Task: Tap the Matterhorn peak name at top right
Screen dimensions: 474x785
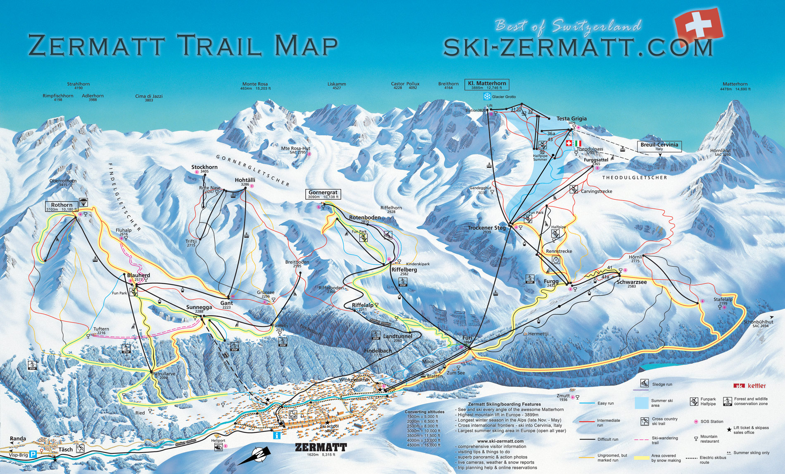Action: [735, 84]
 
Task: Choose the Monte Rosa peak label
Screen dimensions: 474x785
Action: [255, 84]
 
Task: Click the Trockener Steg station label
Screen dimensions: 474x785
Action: [487, 228]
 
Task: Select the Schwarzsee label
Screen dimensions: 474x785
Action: [631, 282]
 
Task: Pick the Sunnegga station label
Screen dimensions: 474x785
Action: [199, 307]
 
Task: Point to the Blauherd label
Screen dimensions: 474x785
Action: [138, 275]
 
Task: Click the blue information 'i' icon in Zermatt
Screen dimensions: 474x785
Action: [277, 435]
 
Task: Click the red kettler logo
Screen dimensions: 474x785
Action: [750, 385]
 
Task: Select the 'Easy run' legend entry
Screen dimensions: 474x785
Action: [605, 403]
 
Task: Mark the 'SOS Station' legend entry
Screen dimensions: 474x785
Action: [711, 421]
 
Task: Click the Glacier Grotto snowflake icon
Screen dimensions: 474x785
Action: [487, 96]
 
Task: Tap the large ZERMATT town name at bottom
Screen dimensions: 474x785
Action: [321, 447]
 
